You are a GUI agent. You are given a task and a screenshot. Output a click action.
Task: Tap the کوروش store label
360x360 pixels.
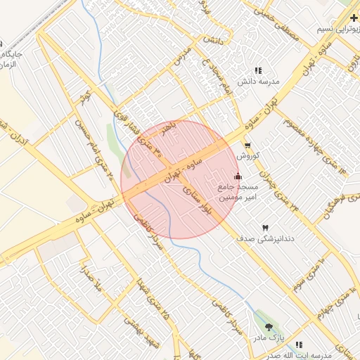click(249, 155)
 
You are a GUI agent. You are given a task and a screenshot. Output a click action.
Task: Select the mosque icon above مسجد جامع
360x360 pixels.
click(238, 176)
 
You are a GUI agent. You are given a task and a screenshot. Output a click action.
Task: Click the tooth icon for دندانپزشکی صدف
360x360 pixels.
click(265, 228)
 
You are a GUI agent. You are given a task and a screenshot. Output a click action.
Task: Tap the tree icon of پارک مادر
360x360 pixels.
click(269, 327)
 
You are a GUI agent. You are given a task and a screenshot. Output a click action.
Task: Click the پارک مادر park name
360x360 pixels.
click(287, 337)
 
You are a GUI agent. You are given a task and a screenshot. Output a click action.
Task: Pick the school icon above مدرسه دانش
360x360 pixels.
click(258, 71)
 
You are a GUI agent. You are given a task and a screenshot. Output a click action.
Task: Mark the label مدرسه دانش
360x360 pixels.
click(258, 82)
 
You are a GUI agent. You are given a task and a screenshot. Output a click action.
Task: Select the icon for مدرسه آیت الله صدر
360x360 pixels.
click(299, 345)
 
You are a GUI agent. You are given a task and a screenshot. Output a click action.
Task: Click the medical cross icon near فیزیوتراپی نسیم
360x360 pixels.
click(353, 17)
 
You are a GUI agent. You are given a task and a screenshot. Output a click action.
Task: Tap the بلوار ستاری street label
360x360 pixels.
click(197, 198)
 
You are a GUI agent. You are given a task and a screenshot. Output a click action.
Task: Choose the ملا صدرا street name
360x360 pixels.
click(92, 278)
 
